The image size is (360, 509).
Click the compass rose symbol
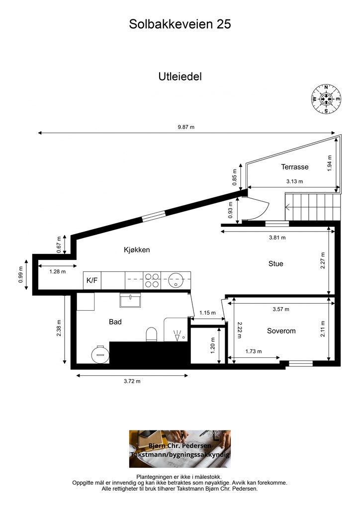(326, 99)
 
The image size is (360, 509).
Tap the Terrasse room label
(295, 167)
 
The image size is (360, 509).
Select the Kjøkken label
(137, 250)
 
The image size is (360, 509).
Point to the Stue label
(275, 264)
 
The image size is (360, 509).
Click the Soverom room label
(281, 331)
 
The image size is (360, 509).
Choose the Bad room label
(115, 322)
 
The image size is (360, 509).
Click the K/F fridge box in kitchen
(92, 280)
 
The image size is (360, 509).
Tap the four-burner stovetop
(153, 280)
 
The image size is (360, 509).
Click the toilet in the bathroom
(152, 335)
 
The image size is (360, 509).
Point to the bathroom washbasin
(130, 300)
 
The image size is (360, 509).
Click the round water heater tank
(100, 354)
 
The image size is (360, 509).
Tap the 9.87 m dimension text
(186, 127)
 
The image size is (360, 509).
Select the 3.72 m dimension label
(132, 381)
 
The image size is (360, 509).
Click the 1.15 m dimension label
(207, 313)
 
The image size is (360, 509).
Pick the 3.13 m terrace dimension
(294, 181)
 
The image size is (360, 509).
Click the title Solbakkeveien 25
(180, 24)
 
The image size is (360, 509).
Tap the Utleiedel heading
(180, 77)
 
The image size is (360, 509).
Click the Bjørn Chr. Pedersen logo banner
(180, 449)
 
